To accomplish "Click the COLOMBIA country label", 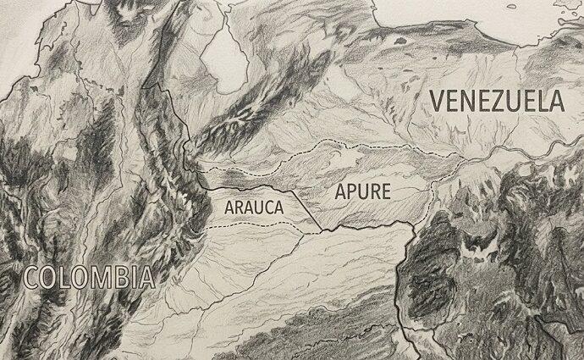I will pyautogui.click(x=89, y=276).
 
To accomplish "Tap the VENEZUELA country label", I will pyautogui.click(x=496, y=101).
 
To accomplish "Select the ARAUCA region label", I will pyautogui.click(x=254, y=205).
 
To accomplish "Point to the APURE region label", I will pyautogui.click(x=363, y=191).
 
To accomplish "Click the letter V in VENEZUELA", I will pyautogui.click(x=438, y=101).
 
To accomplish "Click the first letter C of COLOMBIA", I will pyautogui.click(x=31, y=276).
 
